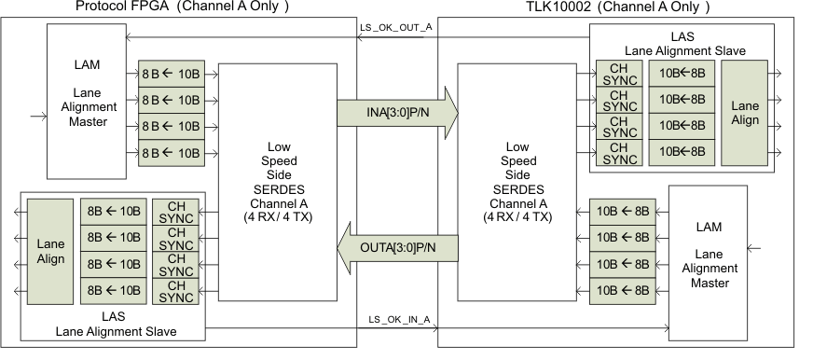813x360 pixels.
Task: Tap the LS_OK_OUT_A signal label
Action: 395,27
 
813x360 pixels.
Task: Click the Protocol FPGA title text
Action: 180,7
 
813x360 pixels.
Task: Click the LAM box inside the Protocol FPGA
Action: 90,101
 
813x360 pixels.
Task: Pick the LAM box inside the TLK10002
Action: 710,254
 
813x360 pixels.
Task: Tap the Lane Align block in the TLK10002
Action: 744,113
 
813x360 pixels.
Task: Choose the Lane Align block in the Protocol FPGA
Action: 50,251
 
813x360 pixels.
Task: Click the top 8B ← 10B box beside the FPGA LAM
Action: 172,75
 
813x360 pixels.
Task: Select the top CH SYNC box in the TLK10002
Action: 619,74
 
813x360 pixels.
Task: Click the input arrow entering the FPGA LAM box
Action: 37,117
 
